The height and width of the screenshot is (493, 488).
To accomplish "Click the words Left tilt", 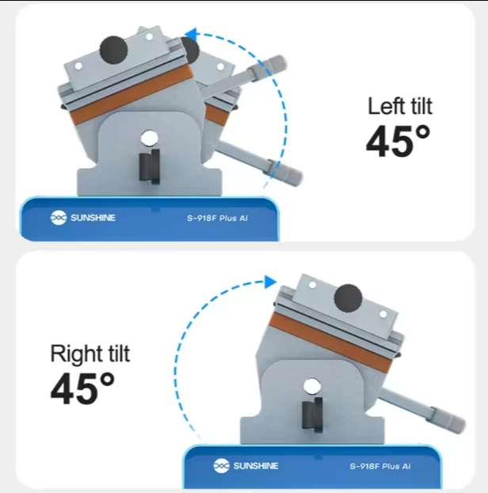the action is [400, 106].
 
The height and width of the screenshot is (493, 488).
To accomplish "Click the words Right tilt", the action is [90, 354].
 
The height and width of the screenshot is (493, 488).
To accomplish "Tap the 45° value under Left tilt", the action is [398, 141].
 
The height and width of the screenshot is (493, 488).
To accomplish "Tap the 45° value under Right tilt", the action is [82, 388].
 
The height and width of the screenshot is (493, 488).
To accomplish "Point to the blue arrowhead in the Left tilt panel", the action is [191, 34].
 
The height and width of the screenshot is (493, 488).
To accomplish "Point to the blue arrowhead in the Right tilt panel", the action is [270, 281].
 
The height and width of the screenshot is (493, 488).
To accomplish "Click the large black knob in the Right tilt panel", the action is [348, 298].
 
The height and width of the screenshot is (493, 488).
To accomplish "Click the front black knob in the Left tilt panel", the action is [113, 50].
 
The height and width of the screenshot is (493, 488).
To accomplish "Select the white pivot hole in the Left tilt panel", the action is [149, 138].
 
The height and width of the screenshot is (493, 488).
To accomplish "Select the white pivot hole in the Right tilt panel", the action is [311, 386].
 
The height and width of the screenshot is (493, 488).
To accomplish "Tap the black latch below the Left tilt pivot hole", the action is [150, 166].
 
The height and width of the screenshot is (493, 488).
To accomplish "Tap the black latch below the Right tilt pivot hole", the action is [312, 415].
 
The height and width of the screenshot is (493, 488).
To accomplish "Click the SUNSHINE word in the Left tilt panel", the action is [93, 218].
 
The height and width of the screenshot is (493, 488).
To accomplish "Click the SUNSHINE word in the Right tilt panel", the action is [256, 465].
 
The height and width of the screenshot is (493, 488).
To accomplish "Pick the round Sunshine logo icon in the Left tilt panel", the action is [59, 218].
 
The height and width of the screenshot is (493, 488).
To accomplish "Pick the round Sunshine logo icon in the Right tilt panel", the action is [221, 465].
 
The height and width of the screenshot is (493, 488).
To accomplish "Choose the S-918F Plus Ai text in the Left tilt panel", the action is [217, 218].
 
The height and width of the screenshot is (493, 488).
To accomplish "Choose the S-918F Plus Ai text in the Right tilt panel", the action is [380, 466].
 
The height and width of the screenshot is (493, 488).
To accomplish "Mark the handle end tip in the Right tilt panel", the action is [463, 424].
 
